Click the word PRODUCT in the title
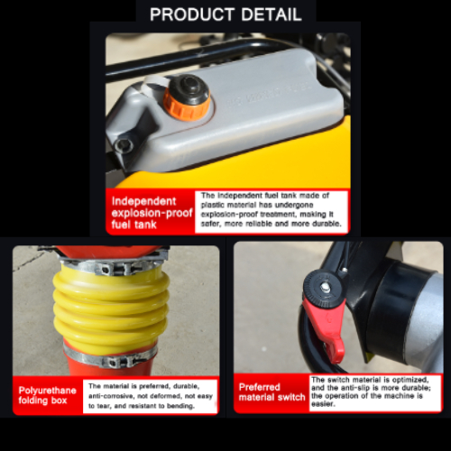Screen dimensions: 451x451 192,14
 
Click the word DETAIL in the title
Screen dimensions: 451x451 272,14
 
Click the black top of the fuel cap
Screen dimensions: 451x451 189,89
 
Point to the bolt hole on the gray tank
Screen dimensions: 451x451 124,145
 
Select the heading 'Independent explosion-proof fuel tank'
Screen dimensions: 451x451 152,213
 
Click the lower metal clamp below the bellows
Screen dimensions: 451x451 111,358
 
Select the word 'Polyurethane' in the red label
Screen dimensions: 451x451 47,391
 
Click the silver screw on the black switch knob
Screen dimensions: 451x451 326,287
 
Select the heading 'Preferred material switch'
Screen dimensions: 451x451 272,392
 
